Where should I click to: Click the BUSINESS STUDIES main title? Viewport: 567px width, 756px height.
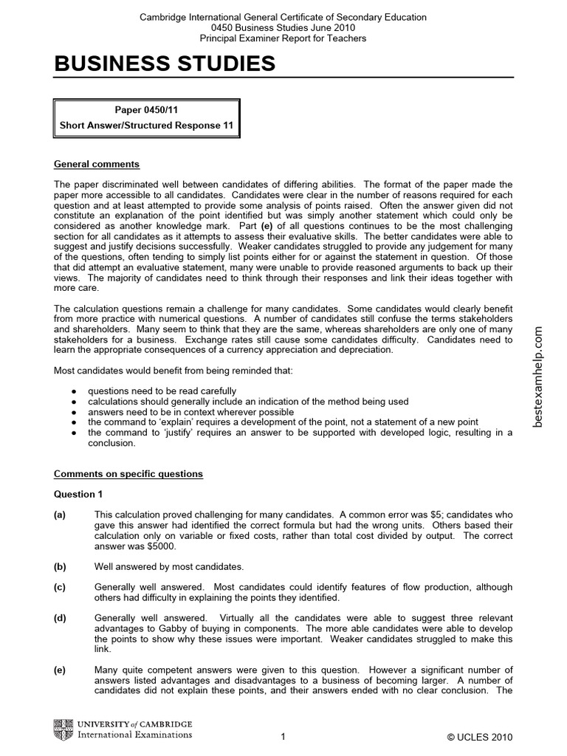click(165, 64)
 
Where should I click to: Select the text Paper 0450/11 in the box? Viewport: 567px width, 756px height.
click(146, 110)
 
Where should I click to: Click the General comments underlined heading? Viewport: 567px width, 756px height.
click(97, 164)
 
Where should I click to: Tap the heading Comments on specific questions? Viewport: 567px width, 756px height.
click(128, 473)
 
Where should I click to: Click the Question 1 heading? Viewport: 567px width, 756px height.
click(75, 494)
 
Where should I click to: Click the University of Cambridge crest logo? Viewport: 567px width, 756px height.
click(63, 730)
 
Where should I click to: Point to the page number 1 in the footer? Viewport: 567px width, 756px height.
click(283, 738)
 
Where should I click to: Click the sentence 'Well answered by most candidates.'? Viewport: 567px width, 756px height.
click(169, 566)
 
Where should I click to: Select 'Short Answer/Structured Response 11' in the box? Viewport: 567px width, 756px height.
click(146, 126)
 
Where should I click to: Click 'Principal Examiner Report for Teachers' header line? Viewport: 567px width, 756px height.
click(283, 38)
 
